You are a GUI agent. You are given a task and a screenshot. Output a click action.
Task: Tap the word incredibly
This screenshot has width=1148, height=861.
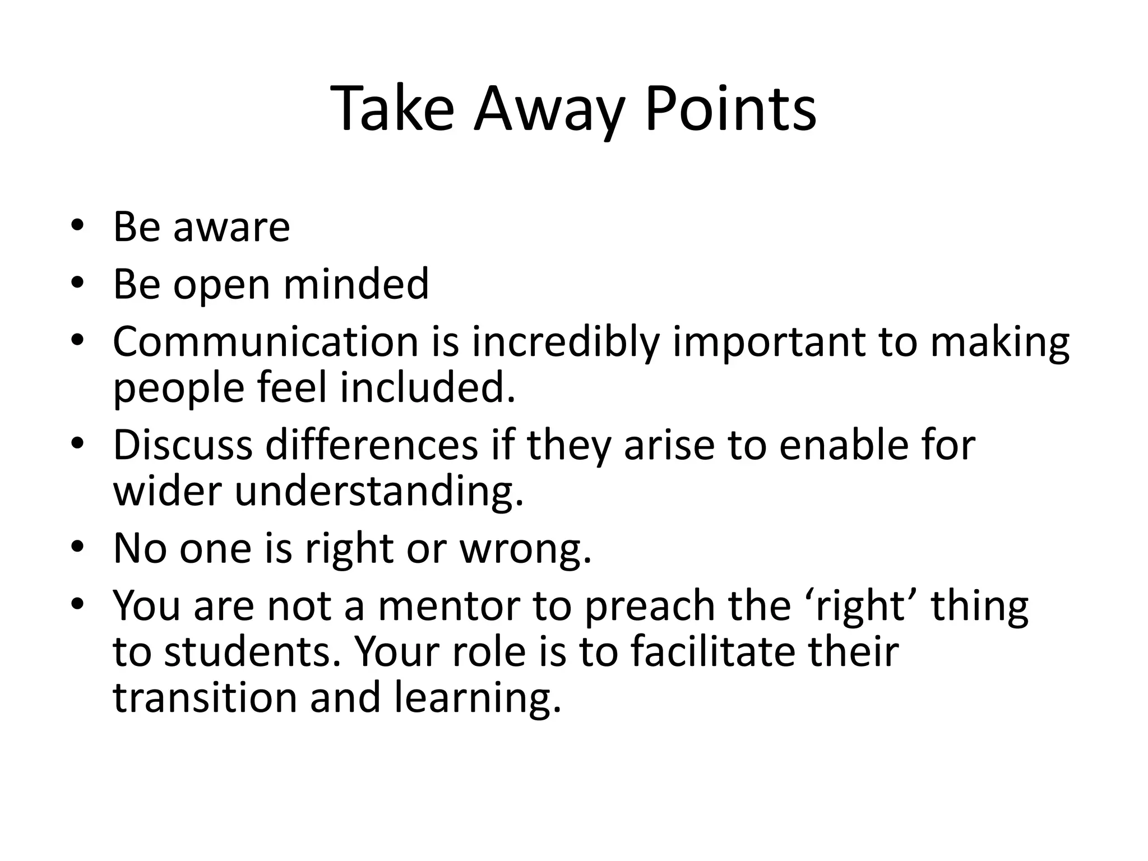point(564,342)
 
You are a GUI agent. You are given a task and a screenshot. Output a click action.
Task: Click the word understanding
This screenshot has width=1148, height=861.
point(379,492)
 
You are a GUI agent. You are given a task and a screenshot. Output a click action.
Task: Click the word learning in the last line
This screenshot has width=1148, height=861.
point(478,699)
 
